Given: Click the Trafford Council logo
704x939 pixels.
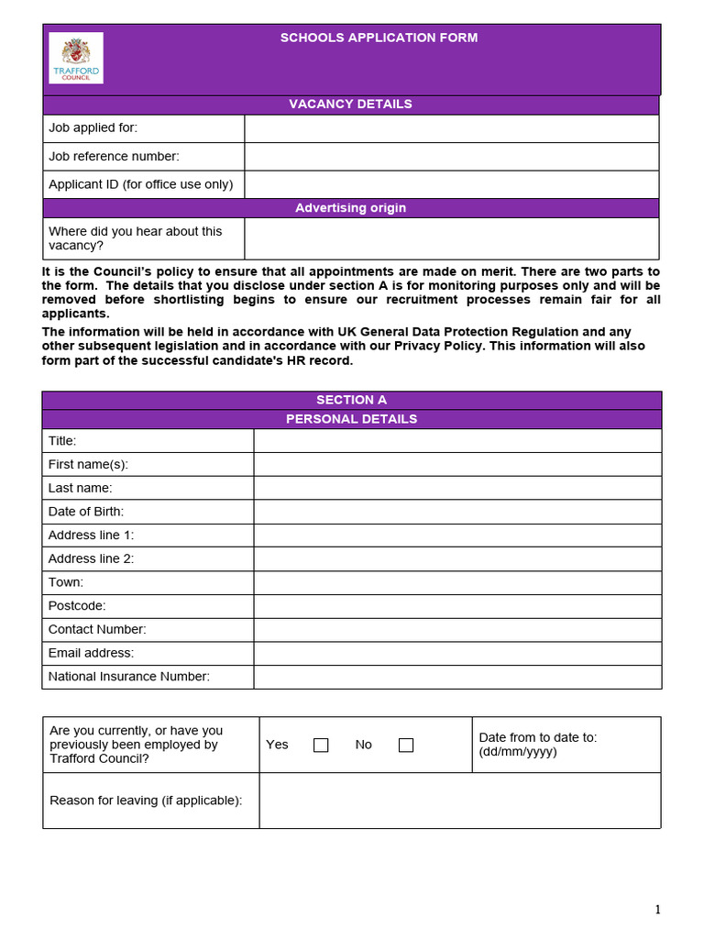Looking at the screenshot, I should tap(76, 58).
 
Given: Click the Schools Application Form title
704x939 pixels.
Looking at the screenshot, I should tap(379, 38).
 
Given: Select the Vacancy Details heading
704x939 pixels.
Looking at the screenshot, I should tap(350, 104).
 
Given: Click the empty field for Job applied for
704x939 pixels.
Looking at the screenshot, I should tap(451, 128).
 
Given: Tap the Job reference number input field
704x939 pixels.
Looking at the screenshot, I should tap(451, 157).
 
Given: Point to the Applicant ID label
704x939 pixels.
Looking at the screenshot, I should tap(140, 184).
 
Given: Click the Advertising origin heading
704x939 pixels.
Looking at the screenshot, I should tap(350, 208).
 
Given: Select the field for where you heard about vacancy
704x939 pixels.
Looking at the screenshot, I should tap(451, 238).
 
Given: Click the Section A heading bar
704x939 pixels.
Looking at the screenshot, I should tap(351, 400).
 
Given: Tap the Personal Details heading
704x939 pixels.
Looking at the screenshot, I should tap(351, 419).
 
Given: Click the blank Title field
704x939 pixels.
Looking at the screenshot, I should tap(456, 441).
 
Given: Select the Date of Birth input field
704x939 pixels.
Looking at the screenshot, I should tap(456, 512).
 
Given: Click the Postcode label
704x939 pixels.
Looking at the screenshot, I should tap(77, 606).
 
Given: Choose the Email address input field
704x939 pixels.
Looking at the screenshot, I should tap(456, 653).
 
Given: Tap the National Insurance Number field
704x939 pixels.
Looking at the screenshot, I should tap(456, 677).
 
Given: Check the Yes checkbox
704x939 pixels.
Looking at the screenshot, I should tap(321, 746).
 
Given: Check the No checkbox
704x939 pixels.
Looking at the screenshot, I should tap(406, 746).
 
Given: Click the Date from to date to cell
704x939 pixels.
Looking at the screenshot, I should tap(566, 745).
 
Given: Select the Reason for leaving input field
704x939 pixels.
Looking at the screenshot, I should tap(459, 801).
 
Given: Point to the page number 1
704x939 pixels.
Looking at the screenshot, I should tap(657, 910).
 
